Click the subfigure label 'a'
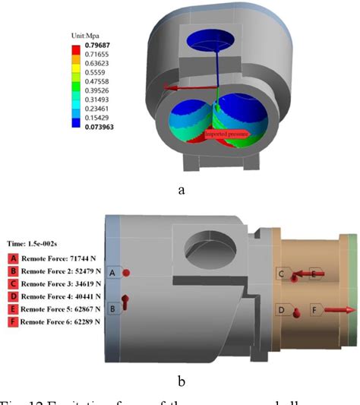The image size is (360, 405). [x=180, y=190]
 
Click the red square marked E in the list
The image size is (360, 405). [x=12, y=310]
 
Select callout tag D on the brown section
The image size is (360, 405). [x=281, y=310]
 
